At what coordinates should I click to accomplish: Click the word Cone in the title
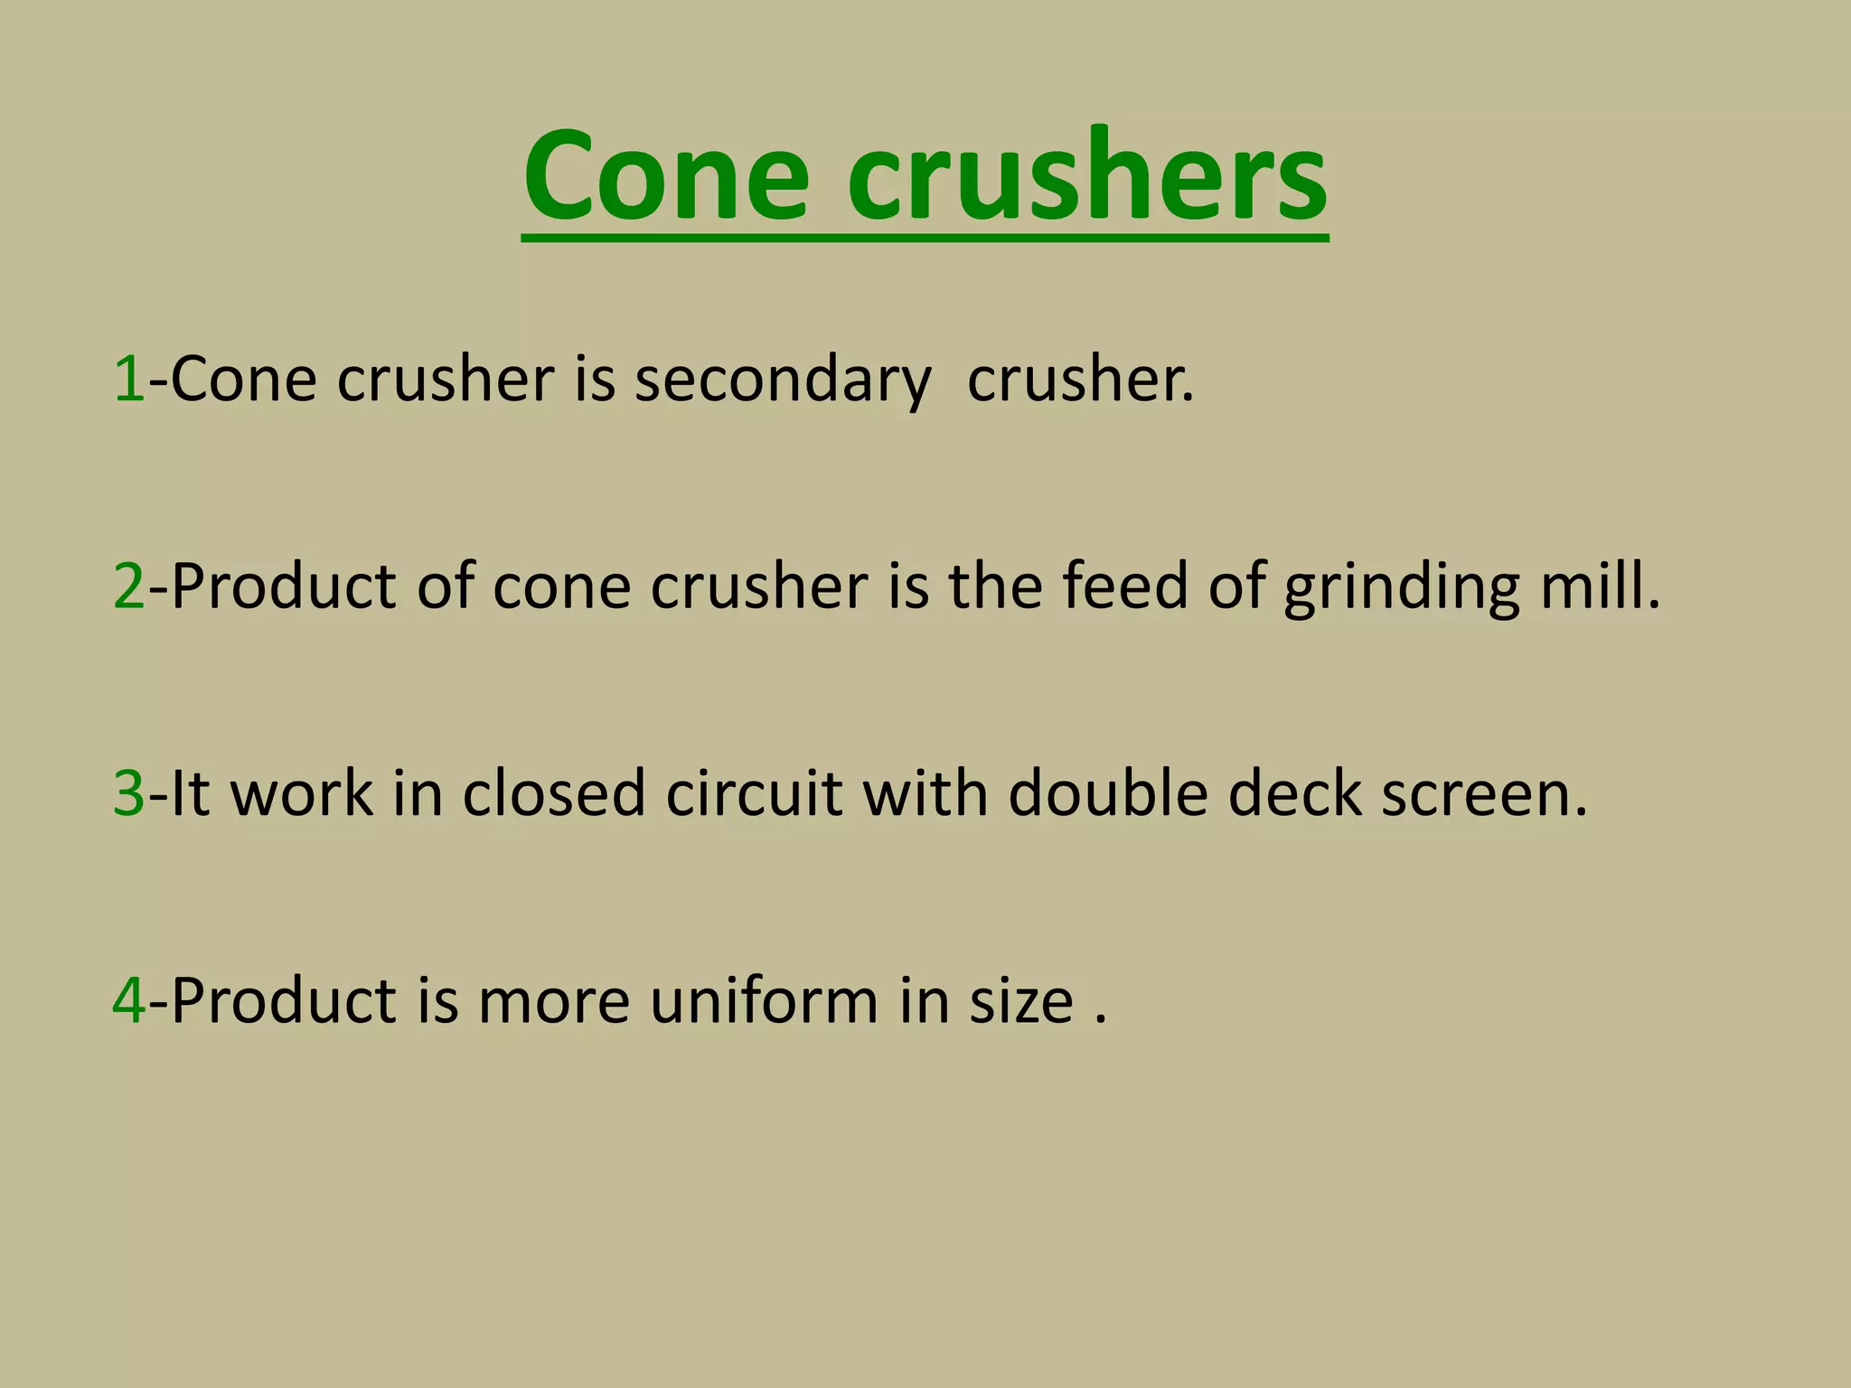click(666, 175)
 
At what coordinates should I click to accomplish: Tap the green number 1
click(128, 380)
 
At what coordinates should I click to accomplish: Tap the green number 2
click(128, 586)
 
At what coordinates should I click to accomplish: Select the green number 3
click(128, 793)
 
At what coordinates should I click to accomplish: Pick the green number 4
click(128, 1001)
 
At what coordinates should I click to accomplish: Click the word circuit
click(754, 793)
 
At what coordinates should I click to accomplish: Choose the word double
click(1108, 793)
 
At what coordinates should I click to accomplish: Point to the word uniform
click(763, 1001)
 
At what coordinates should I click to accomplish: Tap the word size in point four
click(1021, 1001)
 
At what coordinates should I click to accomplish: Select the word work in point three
click(302, 793)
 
